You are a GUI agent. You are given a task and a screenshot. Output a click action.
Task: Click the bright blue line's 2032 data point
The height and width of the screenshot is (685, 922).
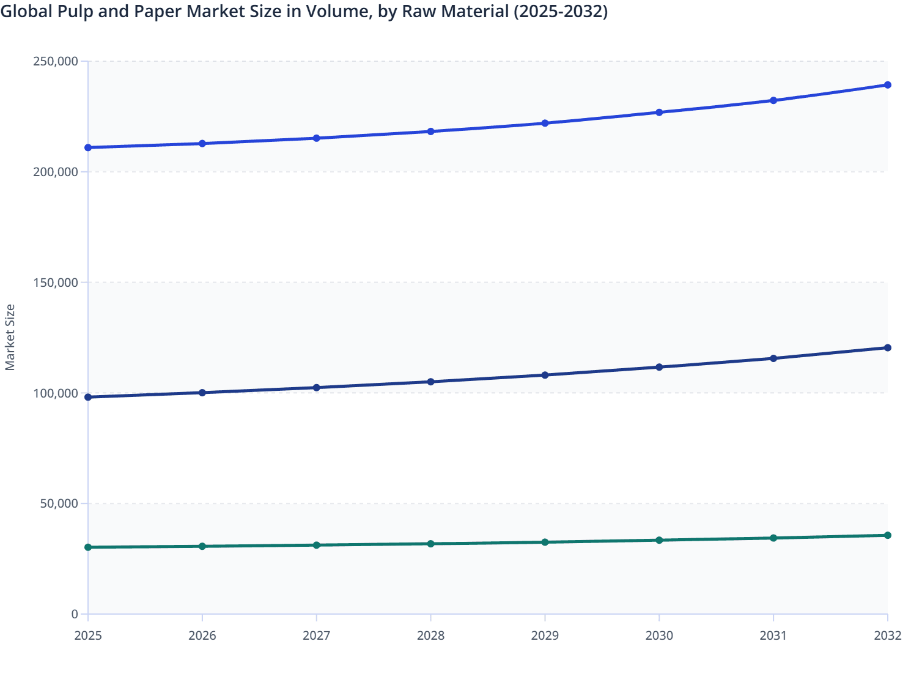coord(887,85)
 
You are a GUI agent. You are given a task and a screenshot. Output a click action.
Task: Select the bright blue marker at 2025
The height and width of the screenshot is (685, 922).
coord(88,147)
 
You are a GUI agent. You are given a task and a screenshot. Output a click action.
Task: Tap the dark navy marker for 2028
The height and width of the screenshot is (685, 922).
coord(430,382)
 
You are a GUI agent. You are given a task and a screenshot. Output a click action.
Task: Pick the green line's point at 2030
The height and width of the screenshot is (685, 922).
coord(659,540)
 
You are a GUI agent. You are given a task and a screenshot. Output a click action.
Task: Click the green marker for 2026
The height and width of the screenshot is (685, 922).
coord(202,546)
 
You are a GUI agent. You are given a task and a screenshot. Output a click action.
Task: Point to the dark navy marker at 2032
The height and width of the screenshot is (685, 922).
coord(887,348)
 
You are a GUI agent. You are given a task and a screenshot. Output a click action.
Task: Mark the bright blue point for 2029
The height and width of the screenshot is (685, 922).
coord(545,124)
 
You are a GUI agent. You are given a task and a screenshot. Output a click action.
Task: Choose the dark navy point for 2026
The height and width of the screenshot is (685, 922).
coord(202,393)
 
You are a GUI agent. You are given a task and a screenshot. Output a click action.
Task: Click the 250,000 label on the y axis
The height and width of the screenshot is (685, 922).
coord(55,61)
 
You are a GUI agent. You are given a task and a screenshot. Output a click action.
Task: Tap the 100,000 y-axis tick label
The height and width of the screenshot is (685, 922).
coord(55,393)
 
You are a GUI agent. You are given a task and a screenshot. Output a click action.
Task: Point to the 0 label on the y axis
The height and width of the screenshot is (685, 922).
coord(75,614)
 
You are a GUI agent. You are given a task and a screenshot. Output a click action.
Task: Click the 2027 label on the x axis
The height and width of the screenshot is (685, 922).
coord(316,636)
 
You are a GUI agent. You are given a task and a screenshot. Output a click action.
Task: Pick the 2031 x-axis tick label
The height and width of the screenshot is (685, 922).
coord(773,636)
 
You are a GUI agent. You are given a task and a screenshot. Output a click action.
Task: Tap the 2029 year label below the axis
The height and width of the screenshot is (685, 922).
coord(545,636)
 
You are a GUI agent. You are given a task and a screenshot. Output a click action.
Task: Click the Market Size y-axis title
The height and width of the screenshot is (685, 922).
coord(10,338)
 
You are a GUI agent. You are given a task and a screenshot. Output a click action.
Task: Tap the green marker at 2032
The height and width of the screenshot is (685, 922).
coord(887,535)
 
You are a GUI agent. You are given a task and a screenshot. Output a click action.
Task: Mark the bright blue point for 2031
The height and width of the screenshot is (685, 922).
coord(773,100)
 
